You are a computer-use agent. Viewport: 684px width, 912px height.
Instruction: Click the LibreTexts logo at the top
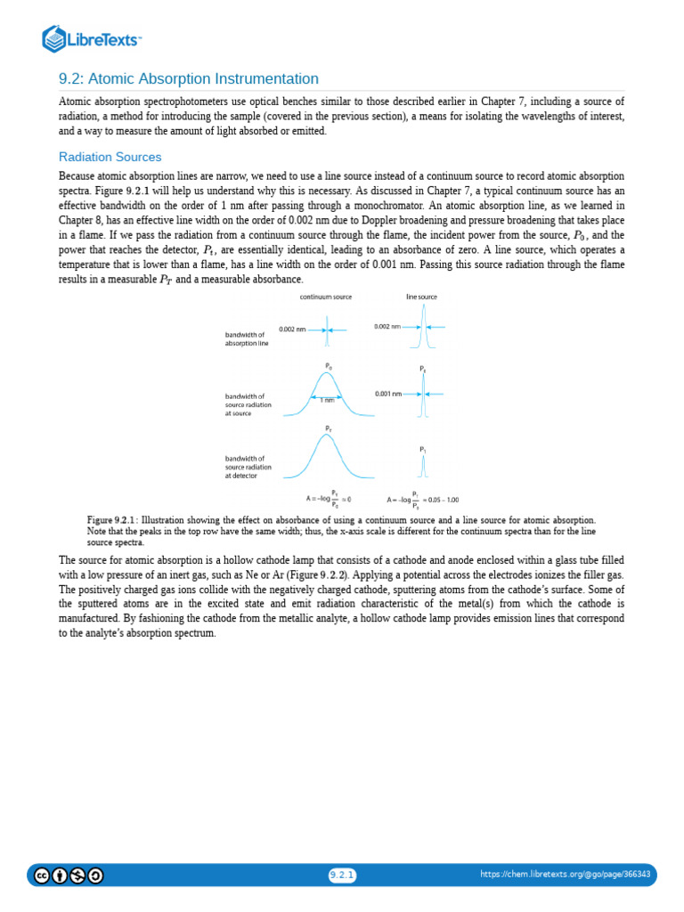(x=92, y=38)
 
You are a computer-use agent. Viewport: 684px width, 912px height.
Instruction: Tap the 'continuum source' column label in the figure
(x=325, y=297)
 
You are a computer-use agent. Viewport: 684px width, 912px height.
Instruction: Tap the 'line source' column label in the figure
(x=421, y=297)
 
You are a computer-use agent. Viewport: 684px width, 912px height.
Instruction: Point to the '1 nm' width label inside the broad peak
(x=327, y=400)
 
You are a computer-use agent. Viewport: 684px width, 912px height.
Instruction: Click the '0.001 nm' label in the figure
(x=387, y=393)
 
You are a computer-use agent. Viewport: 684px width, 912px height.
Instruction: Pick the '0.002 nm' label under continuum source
(x=292, y=329)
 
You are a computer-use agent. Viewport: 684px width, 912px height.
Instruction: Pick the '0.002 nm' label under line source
(x=387, y=327)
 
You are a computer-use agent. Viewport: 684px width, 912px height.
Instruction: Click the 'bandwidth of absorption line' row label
(x=246, y=338)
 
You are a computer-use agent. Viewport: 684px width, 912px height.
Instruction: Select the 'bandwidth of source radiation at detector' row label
(x=248, y=468)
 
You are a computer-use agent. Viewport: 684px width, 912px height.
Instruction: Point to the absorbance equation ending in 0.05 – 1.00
(x=423, y=499)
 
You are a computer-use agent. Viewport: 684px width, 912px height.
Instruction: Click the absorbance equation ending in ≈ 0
(x=329, y=499)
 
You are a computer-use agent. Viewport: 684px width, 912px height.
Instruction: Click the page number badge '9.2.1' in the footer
(x=342, y=875)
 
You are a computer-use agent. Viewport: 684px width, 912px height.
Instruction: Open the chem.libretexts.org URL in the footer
(x=565, y=875)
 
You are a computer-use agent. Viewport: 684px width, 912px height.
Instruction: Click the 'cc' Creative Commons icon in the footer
(x=41, y=875)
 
